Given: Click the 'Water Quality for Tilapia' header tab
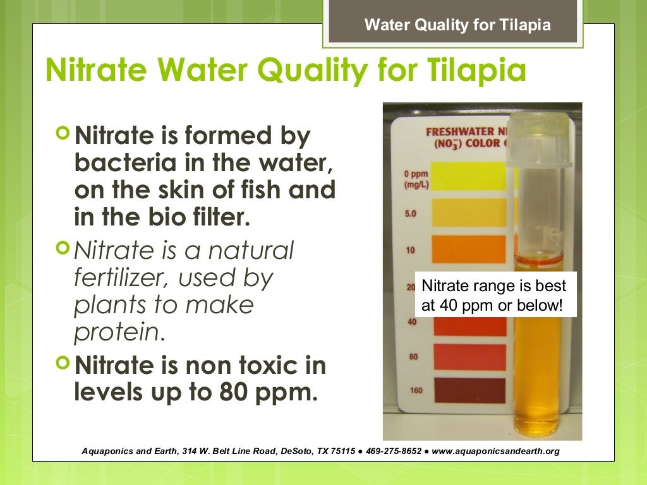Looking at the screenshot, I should tap(457, 25).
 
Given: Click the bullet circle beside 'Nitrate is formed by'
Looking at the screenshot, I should tap(62, 134).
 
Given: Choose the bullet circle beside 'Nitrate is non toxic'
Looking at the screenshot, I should tap(62, 363).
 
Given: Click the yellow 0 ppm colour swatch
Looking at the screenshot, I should tap(468, 176).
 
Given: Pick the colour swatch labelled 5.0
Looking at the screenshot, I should tap(468, 213).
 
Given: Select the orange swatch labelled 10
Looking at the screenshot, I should tap(468, 249).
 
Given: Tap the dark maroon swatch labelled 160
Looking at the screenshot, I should tap(468, 390).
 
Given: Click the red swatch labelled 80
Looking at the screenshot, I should tap(468, 357).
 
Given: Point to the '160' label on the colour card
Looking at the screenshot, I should tap(416, 390).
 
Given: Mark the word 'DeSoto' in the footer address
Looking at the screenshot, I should tap(293, 452).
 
